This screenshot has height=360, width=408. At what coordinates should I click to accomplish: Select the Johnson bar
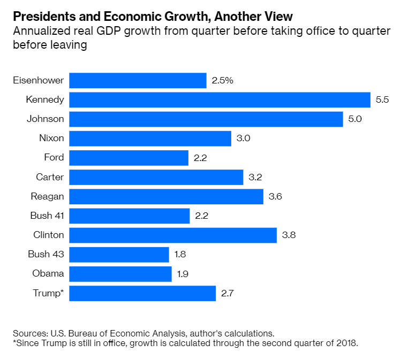click(x=206, y=119)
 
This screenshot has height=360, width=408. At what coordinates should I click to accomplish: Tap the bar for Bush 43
click(x=119, y=255)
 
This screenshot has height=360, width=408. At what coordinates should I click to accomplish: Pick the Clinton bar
click(x=173, y=235)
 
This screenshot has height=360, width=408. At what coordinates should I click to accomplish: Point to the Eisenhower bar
click(x=138, y=81)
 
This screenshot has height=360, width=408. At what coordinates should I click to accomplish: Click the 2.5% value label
click(x=223, y=81)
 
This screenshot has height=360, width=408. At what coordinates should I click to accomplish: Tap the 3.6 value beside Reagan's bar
click(x=275, y=197)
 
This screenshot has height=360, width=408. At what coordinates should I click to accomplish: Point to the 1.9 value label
click(x=184, y=274)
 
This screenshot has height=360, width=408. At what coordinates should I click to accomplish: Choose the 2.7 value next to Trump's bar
click(x=228, y=293)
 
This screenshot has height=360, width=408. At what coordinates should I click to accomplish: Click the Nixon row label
click(x=51, y=139)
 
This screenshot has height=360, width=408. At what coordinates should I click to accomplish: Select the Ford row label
click(x=54, y=158)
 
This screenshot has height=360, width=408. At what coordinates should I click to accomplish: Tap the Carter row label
click(x=50, y=177)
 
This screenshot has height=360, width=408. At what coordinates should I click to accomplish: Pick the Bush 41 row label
click(x=47, y=216)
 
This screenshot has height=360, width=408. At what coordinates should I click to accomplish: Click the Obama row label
click(x=48, y=274)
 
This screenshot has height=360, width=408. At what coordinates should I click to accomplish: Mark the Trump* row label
click(x=48, y=293)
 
